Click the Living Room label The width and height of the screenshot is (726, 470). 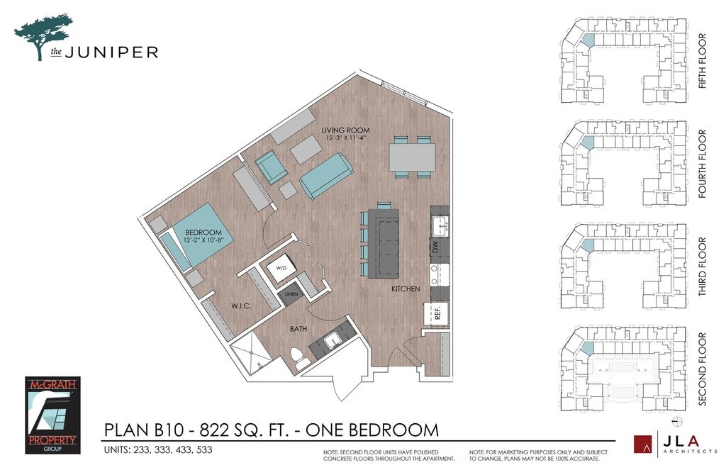(x=345, y=130)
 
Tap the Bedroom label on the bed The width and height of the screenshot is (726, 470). (x=203, y=233)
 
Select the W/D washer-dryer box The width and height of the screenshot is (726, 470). (x=281, y=268)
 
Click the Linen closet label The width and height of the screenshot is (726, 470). (x=291, y=294)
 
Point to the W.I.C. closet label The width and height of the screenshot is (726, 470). (x=241, y=306)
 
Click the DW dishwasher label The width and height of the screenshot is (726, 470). (x=435, y=248)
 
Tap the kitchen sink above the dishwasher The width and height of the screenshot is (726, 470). (x=439, y=225)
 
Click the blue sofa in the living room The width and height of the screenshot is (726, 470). (x=326, y=176)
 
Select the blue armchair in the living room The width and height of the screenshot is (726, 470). (x=272, y=167)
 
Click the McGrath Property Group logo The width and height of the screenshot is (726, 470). (x=52, y=415)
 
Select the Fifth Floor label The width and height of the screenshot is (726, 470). (x=703, y=61)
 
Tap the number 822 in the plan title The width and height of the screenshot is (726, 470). (x=214, y=430)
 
